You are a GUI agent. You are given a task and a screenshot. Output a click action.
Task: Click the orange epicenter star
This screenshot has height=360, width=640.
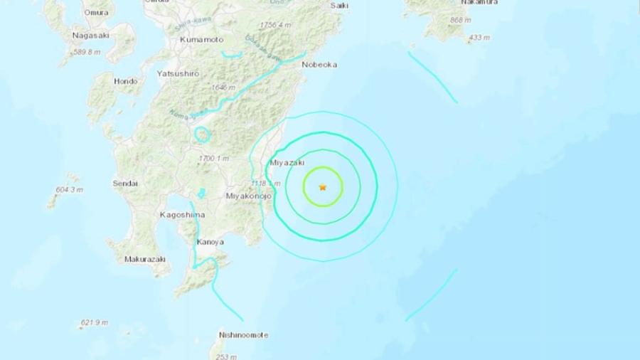pos(323,187)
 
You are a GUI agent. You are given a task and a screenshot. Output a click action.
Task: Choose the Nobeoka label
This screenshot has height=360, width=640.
pos(319,64)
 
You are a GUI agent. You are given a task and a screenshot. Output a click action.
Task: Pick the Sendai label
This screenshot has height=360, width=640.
pos(125,184)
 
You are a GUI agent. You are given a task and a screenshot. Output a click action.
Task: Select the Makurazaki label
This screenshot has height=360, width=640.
pos(145,259)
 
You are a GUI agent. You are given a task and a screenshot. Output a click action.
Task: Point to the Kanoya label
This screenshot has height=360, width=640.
pos(210,242)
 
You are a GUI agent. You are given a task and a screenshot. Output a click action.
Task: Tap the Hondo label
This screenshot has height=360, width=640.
pos(125,81)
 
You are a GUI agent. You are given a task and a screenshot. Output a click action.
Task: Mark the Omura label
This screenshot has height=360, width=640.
pos(96,12)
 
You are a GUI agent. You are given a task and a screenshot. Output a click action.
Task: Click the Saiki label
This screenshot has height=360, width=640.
pos(339,6)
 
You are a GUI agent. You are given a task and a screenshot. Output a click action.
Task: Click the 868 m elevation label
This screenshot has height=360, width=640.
pos(461,20)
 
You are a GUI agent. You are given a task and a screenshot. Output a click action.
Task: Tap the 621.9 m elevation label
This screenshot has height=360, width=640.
pos(94,322)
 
